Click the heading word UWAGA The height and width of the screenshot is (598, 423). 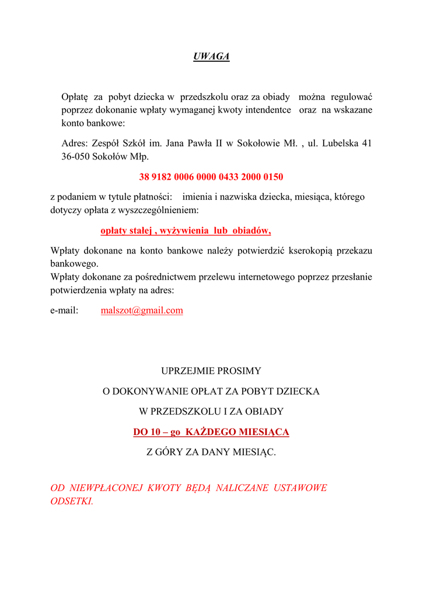pyautogui.click(x=211, y=56)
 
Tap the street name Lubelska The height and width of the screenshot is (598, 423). pyautogui.click(x=340, y=142)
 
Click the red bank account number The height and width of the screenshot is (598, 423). pyautogui.click(x=211, y=176)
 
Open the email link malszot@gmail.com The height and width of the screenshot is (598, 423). pyautogui.click(x=142, y=311)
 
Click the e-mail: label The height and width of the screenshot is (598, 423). pyautogui.click(x=64, y=311)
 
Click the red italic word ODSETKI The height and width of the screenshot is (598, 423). pyautogui.click(x=71, y=501)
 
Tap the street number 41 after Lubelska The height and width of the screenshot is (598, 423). pyautogui.click(x=366, y=142)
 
